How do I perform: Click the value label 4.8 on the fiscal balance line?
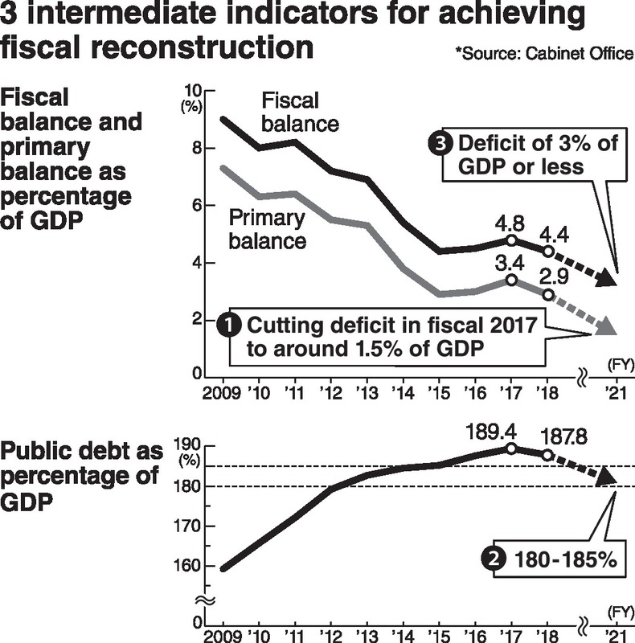pyautogui.click(x=512, y=219)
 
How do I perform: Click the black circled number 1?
pyautogui.click(x=230, y=326)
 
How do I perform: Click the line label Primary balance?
pyautogui.click(x=268, y=229)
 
